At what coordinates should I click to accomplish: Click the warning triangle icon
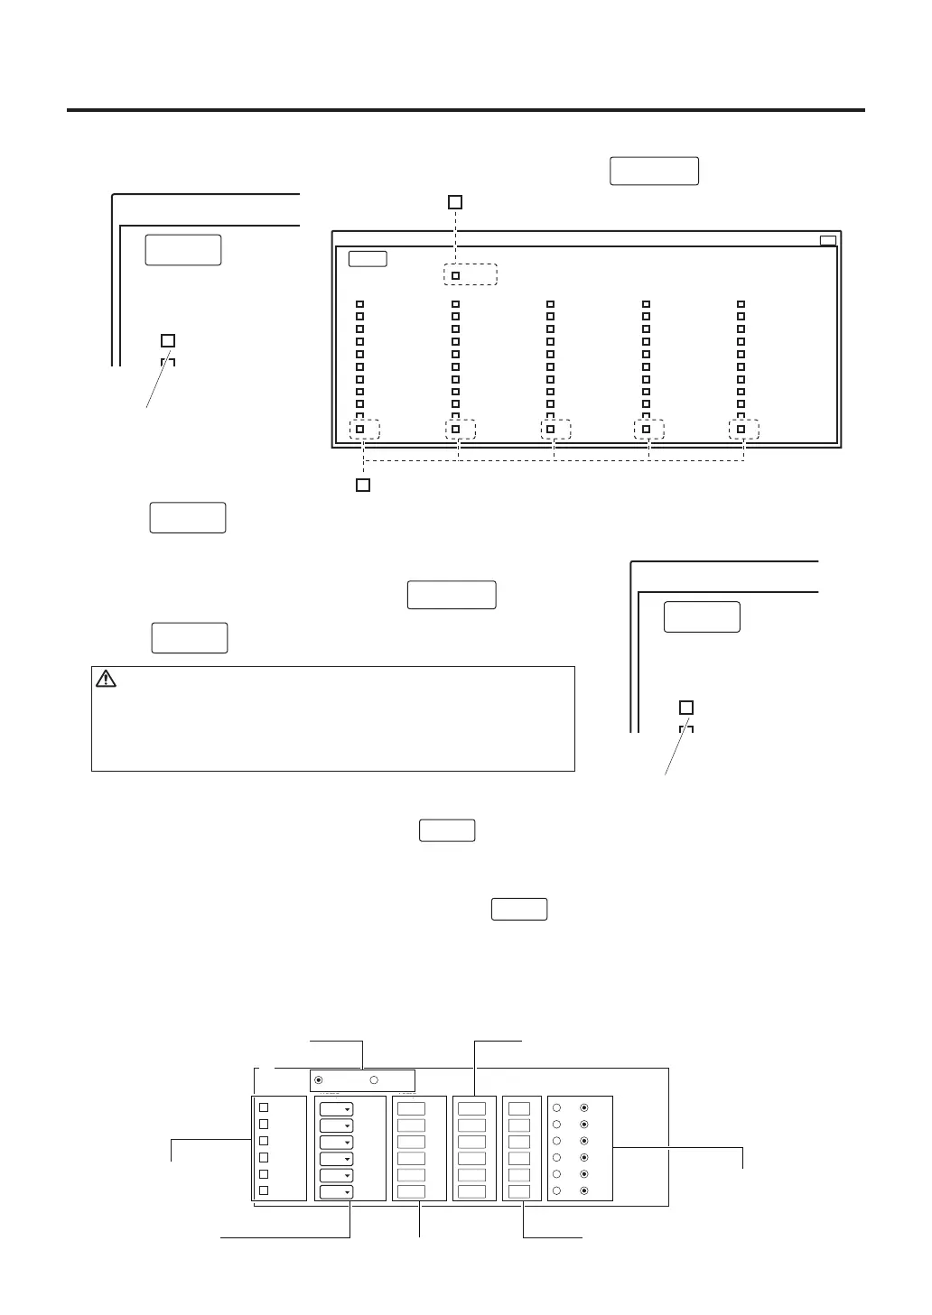click(x=106, y=679)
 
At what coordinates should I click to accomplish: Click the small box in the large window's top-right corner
click(x=827, y=240)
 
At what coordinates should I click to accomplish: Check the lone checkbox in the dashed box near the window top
click(x=456, y=275)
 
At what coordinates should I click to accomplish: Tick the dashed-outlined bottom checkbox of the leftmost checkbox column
click(x=359, y=430)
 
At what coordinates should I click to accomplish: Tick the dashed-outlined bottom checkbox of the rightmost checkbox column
click(x=741, y=430)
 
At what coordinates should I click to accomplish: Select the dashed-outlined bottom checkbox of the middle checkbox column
click(x=550, y=430)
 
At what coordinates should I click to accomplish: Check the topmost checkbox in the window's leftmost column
click(x=359, y=305)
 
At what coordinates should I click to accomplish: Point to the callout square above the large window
click(x=456, y=201)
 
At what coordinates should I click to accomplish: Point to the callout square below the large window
click(x=362, y=486)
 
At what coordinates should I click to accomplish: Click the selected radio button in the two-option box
click(x=318, y=1080)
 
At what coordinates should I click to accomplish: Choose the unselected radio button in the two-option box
click(x=373, y=1080)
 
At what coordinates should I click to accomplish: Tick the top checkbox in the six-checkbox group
click(x=264, y=1107)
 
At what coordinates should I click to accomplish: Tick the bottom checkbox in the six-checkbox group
click(x=264, y=1190)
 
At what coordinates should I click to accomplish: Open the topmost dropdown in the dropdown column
click(x=336, y=1109)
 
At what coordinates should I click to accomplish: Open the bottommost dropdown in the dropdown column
click(x=336, y=1192)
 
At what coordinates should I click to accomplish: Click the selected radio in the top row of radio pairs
click(x=584, y=1107)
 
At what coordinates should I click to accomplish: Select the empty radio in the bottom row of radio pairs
click(x=557, y=1191)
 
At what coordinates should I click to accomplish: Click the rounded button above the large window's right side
click(x=654, y=171)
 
